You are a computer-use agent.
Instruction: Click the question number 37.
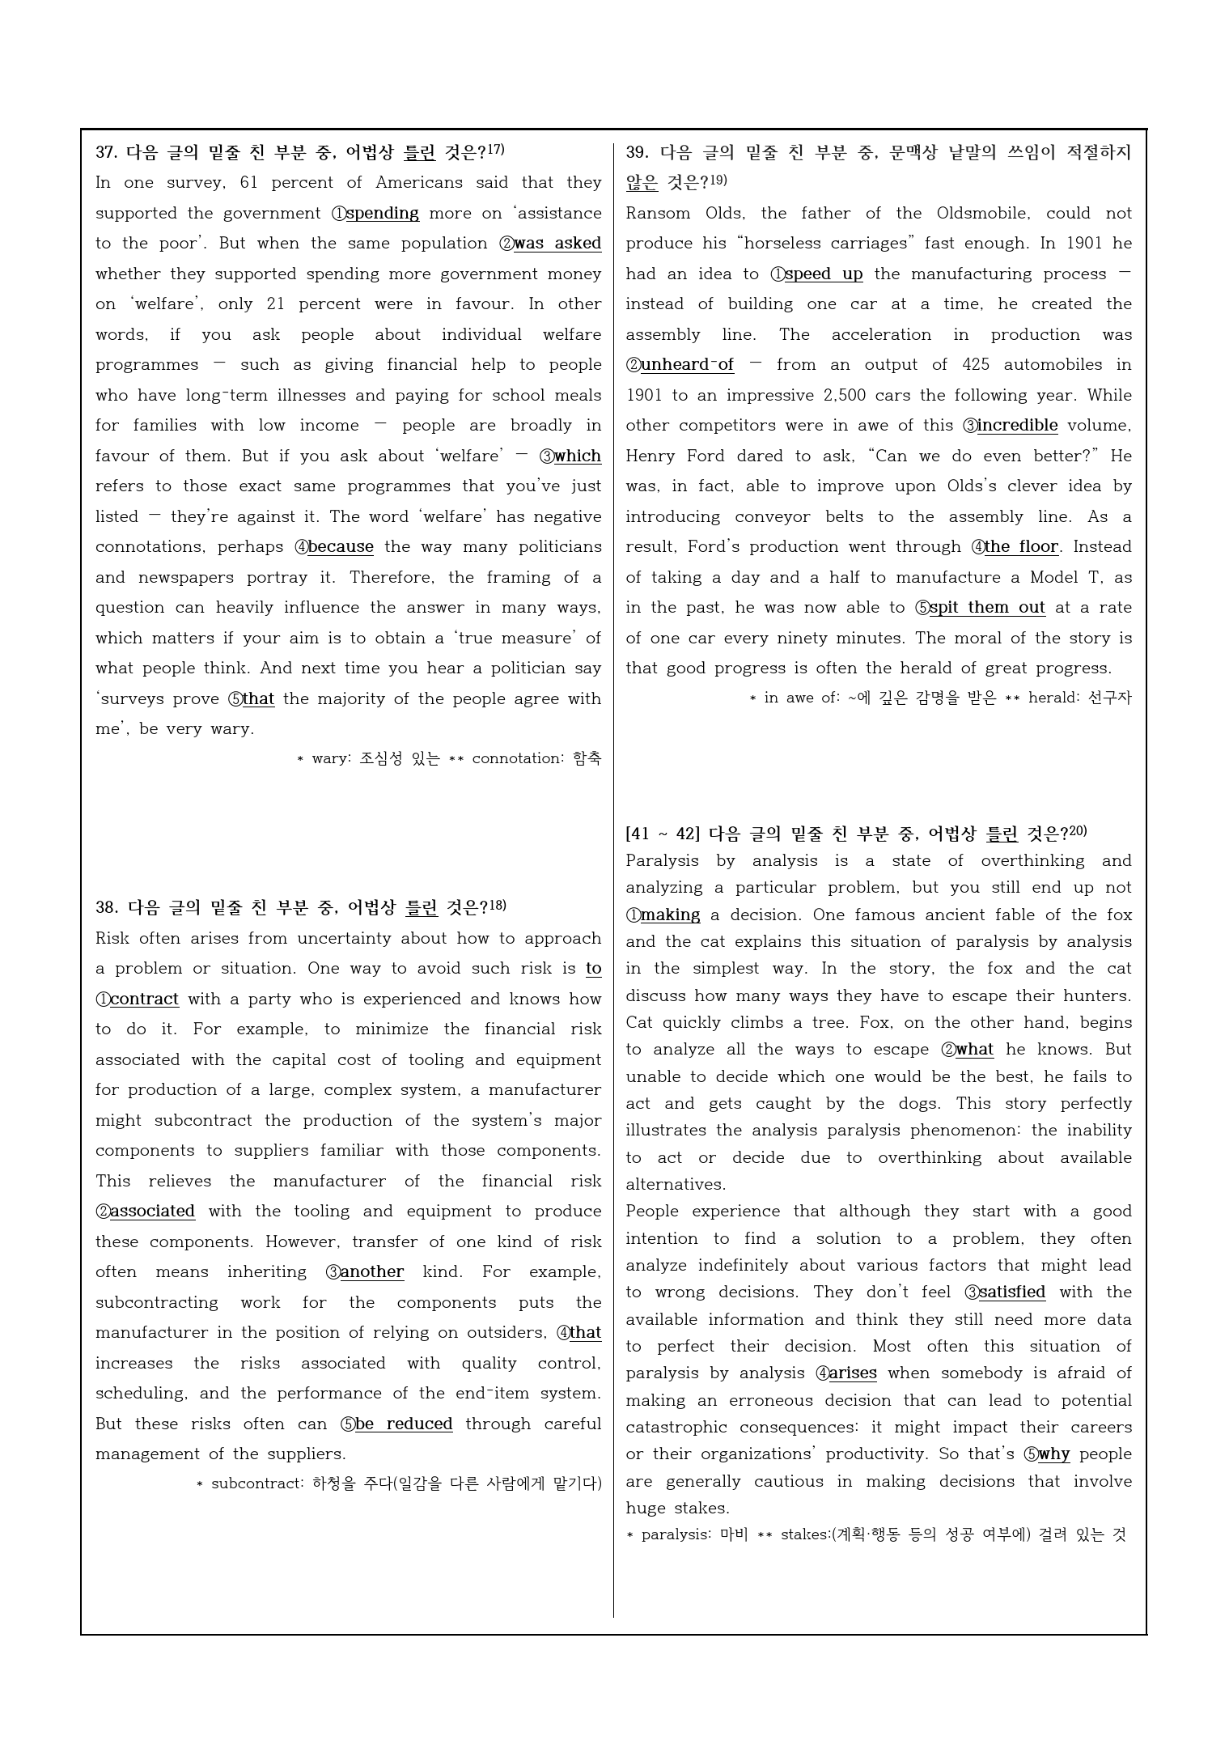point(107,152)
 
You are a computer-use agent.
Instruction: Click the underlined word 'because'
point(341,547)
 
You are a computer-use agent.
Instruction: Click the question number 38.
point(107,908)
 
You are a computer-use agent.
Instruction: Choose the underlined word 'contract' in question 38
point(144,999)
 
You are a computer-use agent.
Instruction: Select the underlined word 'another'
point(371,1272)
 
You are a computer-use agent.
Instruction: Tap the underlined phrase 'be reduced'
point(404,1424)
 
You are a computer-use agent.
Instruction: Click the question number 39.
point(637,152)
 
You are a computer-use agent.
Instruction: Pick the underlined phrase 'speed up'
point(824,274)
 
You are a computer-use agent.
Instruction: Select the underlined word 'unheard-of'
point(687,365)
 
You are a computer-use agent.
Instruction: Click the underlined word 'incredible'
point(1017,426)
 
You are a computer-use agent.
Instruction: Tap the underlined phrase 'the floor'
point(1021,547)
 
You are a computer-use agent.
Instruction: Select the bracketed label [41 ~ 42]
point(663,834)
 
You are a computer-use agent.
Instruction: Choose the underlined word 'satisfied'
point(1011,1292)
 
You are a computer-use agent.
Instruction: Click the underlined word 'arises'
point(853,1373)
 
